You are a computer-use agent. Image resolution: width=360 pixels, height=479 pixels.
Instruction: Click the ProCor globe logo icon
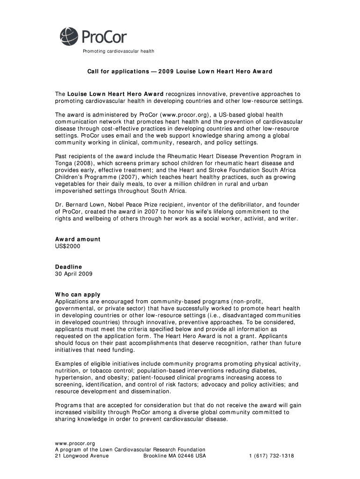(68, 36)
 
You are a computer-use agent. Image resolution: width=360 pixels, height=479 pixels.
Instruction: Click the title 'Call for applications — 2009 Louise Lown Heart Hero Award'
(180, 72)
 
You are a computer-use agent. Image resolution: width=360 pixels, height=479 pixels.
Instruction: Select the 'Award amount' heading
(78, 239)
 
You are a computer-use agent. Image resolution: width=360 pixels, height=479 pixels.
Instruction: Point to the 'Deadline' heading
(69, 267)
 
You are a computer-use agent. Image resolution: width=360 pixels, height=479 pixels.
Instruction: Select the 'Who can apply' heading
(78, 295)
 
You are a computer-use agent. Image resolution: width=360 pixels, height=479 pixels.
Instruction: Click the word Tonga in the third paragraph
(64, 163)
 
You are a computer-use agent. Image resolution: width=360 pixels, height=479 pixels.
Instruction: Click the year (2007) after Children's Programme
(122, 177)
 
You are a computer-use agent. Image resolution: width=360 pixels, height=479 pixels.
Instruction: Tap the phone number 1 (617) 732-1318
(271, 456)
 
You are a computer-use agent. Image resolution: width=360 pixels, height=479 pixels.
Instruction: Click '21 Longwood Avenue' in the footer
(82, 456)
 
